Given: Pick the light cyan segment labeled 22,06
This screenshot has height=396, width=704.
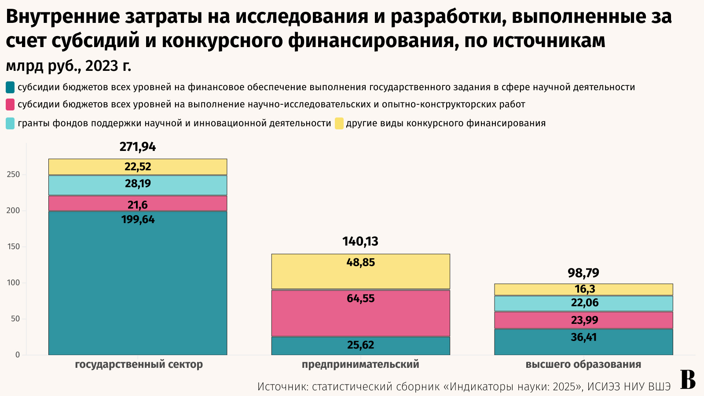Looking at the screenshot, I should (583, 303).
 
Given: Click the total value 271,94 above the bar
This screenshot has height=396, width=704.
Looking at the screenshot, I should (138, 147).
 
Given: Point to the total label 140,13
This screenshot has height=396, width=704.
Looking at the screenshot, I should (360, 242).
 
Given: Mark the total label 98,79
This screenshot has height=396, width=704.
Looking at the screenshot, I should (583, 273).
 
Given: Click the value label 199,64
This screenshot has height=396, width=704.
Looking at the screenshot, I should (138, 220).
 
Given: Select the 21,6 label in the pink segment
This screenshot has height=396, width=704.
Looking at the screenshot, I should (138, 205).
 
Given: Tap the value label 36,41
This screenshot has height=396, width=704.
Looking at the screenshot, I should (583, 337).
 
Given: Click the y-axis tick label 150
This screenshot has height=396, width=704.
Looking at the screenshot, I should (14, 247).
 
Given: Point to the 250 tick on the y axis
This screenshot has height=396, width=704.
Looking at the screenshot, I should (14, 175).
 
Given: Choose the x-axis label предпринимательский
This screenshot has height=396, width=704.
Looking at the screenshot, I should (360, 365).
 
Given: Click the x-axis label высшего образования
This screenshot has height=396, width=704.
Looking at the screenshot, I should (583, 365).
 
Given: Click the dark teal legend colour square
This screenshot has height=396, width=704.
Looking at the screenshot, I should (10, 87).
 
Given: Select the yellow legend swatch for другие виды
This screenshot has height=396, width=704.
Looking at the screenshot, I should (339, 123).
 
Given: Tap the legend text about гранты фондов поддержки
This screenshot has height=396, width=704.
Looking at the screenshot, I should (174, 123).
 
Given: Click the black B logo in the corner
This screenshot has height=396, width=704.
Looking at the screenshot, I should (688, 380).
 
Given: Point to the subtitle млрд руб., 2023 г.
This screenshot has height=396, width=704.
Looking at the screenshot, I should (69, 66).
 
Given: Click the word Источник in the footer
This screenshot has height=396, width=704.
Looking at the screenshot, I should (282, 387).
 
